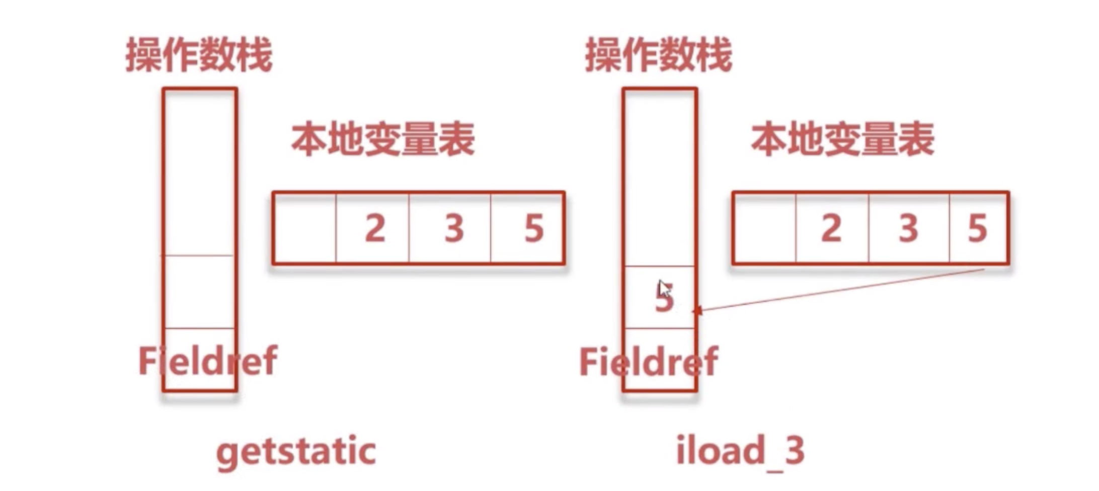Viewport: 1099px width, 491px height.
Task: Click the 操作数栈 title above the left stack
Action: tap(199, 55)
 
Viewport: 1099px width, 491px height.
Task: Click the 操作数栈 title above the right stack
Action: tap(659, 55)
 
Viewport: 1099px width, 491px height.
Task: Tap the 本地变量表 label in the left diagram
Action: tap(383, 139)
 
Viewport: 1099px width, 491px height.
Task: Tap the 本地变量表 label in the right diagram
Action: tap(843, 139)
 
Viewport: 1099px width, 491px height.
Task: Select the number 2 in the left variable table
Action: tap(375, 228)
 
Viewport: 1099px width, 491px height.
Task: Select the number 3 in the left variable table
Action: tap(454, 228)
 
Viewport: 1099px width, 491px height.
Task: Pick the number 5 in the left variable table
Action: tap(534, 228)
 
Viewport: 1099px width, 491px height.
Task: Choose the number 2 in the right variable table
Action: tap(831, 228)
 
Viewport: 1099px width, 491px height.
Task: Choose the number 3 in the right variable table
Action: tap(909, 228)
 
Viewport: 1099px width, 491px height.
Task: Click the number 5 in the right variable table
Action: tap(977, 228)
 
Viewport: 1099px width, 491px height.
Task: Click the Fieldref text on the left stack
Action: tap(207, 361)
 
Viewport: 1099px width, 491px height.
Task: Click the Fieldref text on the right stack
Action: tap(649, 362)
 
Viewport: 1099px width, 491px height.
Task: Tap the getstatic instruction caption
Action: tap(296, 451)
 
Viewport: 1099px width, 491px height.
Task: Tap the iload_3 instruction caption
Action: tap(740, 451)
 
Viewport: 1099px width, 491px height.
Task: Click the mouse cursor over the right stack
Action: tap(664, 289)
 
